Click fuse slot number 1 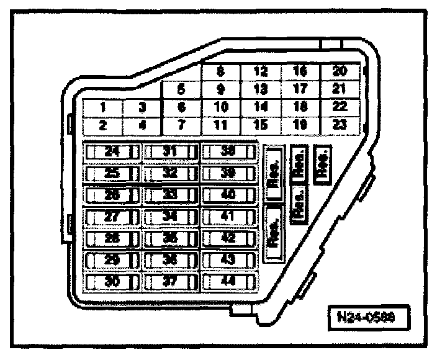tap(103, 107)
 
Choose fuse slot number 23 tap(339, 124)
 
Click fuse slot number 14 tap(261, 107)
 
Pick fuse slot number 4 tap(142, 124)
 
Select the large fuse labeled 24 tap(112, 151)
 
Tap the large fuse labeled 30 tap(112, 281)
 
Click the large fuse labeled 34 tap(170, 216)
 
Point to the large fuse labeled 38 tap(228, 151)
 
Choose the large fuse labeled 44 tap(228, 281)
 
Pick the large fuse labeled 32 tap(170, 173)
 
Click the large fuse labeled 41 tap(228, 216)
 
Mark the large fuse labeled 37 tap(170, 281)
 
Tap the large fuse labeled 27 tap(112, 216)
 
